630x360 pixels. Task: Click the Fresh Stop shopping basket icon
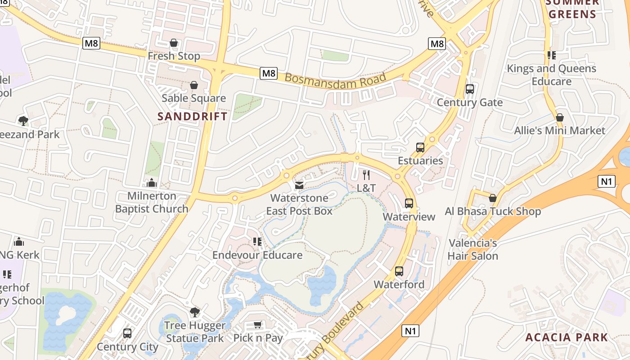point(174,43)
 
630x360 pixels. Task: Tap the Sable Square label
point(193,98)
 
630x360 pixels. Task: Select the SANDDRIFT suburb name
point(193,116)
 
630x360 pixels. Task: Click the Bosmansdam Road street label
point(335,80)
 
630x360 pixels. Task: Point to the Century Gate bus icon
point(470,89)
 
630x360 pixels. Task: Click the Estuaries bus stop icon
point(420,147)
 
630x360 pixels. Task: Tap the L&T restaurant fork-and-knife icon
point(366,175)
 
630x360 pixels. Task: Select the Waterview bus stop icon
point(409,203)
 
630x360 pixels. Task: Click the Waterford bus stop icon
point(399,271)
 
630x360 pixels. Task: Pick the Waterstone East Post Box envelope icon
point(299,185)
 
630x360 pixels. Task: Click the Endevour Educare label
point(257,255)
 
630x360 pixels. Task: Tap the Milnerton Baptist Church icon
point(152,183)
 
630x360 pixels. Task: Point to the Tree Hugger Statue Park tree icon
point(194,312)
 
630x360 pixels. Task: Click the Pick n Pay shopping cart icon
point(258,325)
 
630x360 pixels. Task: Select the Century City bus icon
point(127,333)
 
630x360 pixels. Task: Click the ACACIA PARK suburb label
point(567,337)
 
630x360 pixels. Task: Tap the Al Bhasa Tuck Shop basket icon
point(493,198)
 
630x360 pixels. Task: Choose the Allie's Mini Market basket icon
point(560,117)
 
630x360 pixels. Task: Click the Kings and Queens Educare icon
point(551,55)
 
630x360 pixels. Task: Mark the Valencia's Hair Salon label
point(472,250)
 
